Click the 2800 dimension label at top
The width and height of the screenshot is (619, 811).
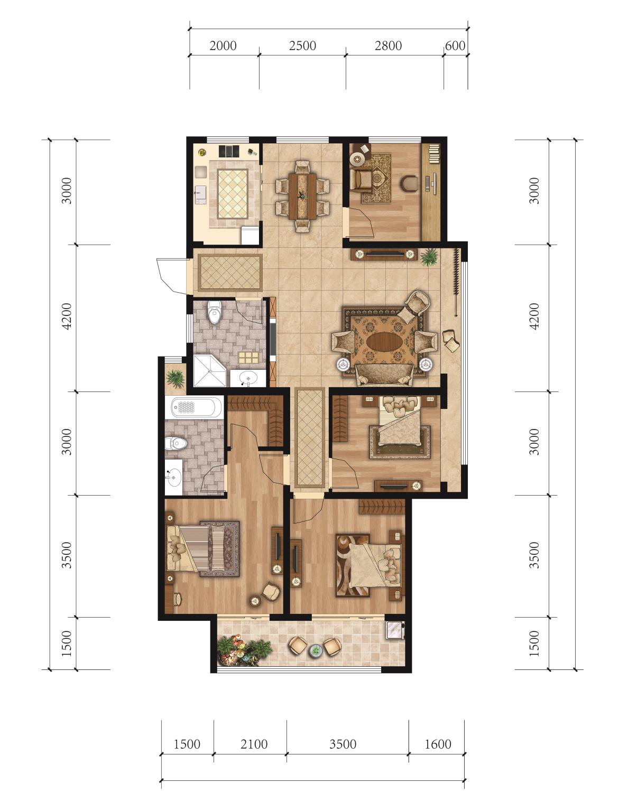(388, 46)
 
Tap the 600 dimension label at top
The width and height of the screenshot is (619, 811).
(455, 46)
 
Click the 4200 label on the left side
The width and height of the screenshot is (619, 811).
(67, 316)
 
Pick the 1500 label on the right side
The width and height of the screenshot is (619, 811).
(534, 644)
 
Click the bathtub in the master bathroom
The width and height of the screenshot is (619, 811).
(196, 407)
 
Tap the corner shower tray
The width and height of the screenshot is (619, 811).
(209, 371)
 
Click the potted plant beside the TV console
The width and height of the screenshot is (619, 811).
(429, 257)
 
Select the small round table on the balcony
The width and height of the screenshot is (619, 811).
(316, 650)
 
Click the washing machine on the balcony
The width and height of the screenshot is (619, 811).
(395, 630)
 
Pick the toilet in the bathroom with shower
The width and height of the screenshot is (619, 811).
(214, 313)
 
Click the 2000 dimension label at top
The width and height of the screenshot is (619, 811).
(223, 46)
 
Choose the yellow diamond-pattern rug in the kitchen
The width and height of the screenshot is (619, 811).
(233, 194)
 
